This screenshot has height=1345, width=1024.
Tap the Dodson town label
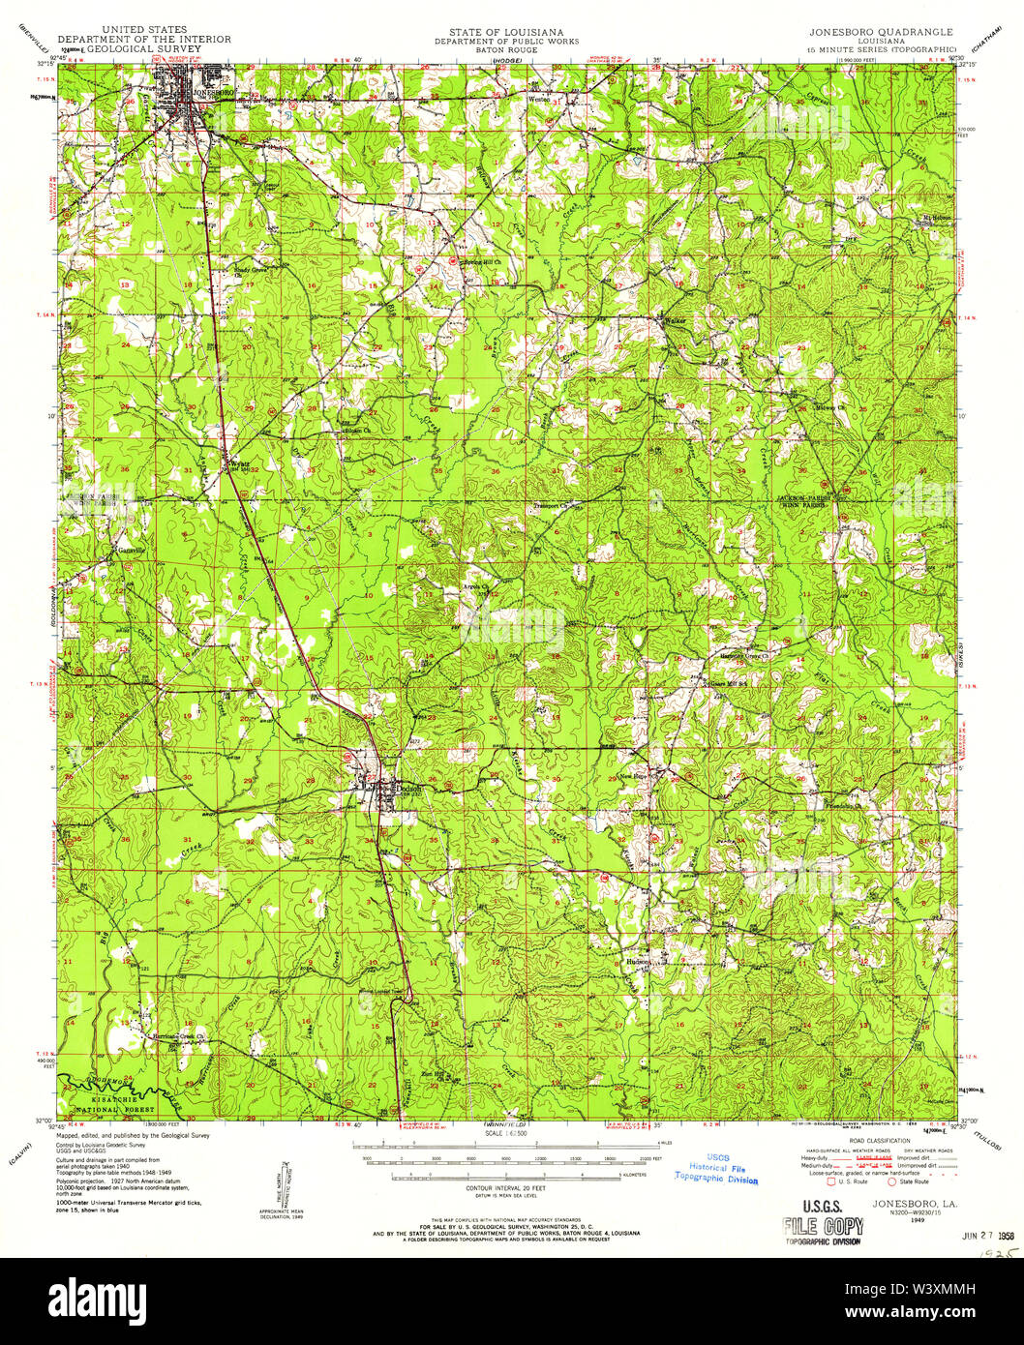click(409, 788)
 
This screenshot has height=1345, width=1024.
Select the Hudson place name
click(638, 962)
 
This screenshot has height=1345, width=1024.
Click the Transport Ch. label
click(557, 505)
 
